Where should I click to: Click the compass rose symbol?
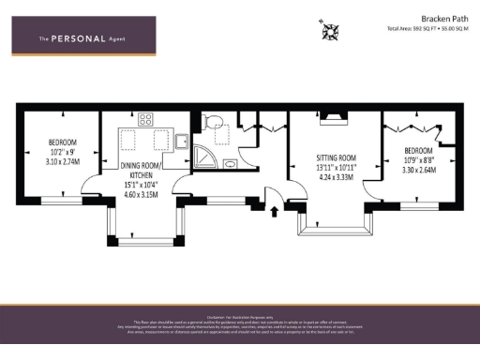coord(331,32)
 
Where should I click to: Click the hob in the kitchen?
coord(145,119)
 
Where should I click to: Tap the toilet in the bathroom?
coord(213,122)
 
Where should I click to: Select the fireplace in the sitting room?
coord(335,117)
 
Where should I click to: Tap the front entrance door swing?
coord(278,193)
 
